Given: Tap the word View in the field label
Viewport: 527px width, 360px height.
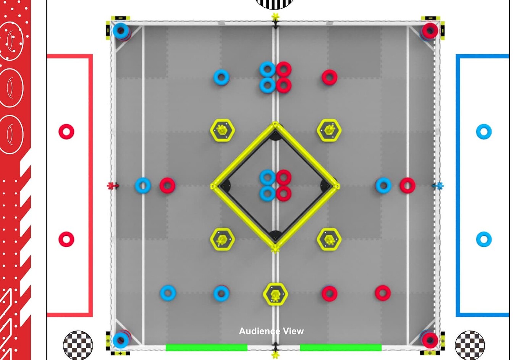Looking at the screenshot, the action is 293,331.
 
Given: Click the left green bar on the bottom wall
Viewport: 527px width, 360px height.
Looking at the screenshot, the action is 207,347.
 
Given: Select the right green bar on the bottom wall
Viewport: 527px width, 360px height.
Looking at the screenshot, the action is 341,347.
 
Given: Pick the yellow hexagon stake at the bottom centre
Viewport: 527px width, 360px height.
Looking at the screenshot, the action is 275,294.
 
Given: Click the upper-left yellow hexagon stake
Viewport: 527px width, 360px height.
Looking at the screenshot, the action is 222,130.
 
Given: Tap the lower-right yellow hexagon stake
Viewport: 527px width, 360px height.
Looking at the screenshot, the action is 329,239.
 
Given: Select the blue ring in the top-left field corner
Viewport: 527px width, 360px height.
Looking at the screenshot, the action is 121,31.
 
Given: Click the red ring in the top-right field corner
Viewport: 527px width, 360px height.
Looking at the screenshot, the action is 430,31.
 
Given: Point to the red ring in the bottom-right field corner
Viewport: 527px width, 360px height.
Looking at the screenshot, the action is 430,340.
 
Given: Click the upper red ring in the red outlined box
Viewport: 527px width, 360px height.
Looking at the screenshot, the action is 66,131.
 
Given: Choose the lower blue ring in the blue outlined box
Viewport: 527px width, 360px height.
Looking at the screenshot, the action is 484,239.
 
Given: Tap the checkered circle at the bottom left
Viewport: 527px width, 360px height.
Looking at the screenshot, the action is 78,345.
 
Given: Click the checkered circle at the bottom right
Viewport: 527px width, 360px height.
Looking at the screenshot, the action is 470,345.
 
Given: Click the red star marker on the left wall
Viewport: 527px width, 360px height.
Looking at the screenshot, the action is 111,186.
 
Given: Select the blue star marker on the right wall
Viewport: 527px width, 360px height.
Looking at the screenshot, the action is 440,186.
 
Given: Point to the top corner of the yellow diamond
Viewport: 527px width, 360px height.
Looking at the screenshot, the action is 275,123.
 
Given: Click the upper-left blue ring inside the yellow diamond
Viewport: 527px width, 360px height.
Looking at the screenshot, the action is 267,177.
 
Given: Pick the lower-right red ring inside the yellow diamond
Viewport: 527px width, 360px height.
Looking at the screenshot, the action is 283,193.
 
